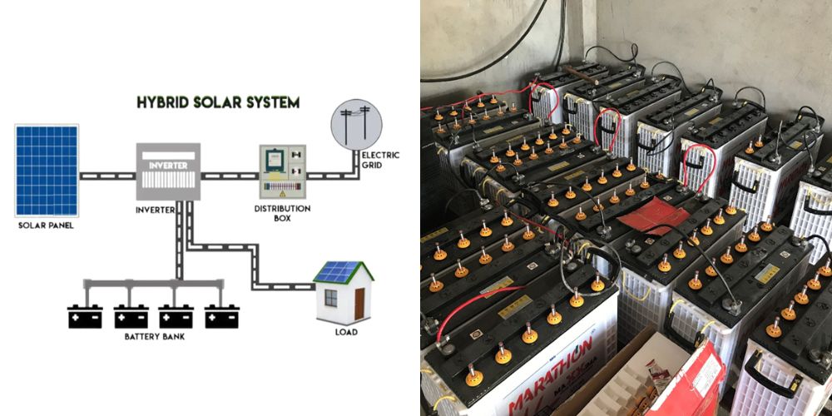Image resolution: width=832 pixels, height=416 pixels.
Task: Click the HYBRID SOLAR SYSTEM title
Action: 218,102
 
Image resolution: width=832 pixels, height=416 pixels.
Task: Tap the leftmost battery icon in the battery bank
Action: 85,317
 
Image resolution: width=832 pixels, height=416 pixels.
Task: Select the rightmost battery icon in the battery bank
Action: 222,317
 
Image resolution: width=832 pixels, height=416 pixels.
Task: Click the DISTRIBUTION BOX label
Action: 282,214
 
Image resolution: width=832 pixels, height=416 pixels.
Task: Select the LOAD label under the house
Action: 346,333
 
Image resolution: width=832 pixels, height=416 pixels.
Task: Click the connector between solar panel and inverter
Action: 107,176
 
